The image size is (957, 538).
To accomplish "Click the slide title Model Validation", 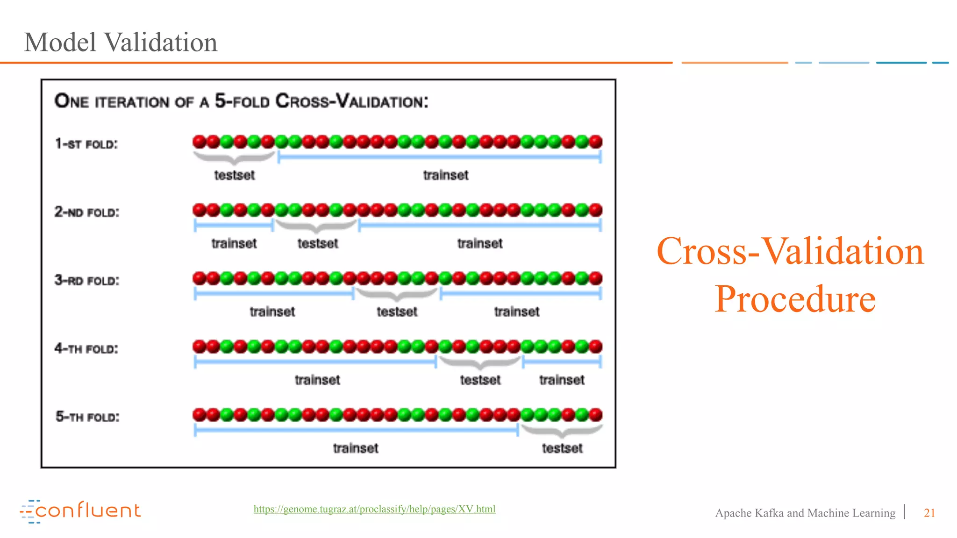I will click(121, 42).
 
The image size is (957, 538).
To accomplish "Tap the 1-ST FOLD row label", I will click(86, 144).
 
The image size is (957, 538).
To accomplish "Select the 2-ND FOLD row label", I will click(87, 212).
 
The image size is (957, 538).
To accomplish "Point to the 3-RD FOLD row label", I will click(87, 280).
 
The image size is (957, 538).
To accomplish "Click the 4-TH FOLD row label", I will click(86, 348).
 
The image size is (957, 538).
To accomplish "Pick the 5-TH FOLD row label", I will click(87, 417).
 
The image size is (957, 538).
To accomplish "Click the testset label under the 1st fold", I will click(234, 175).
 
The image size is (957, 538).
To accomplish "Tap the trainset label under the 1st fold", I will click(445, 175).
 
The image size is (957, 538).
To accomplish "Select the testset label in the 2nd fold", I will click(318, 243).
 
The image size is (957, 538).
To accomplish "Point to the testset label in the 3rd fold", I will click(397, 311).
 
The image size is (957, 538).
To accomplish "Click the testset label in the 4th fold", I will click(480, 380).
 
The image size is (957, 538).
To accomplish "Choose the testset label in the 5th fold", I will click(562, 448).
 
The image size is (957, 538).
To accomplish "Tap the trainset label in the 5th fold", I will click(356, 448).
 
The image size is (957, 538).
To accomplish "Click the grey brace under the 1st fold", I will click(234, 158).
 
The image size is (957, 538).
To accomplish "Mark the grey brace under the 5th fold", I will click(562, 431).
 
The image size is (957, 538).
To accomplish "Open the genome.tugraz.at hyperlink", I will click(374, 509).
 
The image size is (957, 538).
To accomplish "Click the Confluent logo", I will click(80, 511).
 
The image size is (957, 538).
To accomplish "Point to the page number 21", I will click(929, 513).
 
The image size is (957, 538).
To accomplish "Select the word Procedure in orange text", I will click(795, 299).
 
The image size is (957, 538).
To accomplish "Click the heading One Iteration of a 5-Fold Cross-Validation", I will click(241, 101).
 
